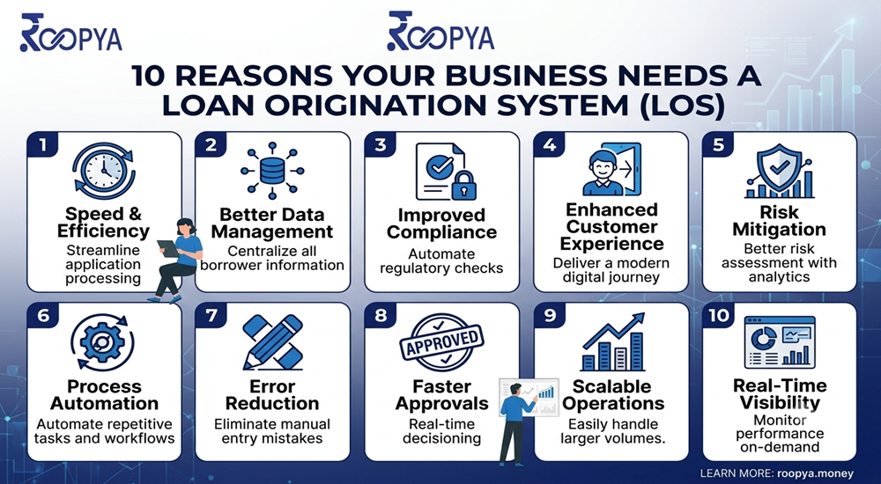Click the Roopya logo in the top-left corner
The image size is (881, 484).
[x=70, y=33]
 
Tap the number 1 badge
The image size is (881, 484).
[x=42, y=145]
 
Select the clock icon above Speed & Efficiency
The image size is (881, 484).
[x=104, y=171]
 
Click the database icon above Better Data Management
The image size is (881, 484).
[x=272, y=170]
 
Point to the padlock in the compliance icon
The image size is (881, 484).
[x=464, y=185]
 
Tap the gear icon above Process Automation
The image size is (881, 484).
[x=102, y=341]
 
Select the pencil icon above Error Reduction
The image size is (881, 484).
[x=273, y=341]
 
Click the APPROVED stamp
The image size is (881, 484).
[x=441, y=341]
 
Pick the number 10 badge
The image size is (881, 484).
[x=719, y=316]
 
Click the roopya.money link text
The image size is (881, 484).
[x=815, y=473]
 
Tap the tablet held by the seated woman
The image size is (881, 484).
[x=167, y=247]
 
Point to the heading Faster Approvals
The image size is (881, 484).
[x=441, y=395]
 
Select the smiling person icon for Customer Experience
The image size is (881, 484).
[x=603, y=172]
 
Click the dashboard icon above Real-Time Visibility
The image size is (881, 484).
[x=780, y=342]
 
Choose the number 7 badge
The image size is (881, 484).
[x=211, y=316]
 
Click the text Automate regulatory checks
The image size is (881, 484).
[x=441, y=261]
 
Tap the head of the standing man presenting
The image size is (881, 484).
[x=515, y=390]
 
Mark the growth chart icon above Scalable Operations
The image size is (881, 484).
[x=613, y=341]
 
